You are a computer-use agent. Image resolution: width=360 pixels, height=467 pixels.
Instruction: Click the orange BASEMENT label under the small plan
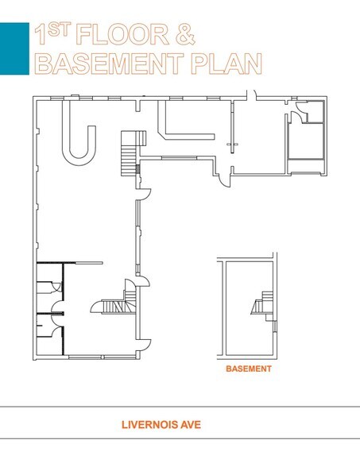[249, 369]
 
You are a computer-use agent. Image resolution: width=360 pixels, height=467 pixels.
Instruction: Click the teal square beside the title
[14, 48]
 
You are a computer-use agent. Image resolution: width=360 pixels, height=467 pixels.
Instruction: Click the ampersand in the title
[185, 35]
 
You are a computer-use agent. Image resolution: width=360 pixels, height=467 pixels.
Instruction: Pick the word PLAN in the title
[226, 64]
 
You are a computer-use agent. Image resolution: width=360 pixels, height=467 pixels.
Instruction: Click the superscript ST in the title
[59, 30]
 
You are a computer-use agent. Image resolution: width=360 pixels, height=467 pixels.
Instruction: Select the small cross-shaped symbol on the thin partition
[232, 145]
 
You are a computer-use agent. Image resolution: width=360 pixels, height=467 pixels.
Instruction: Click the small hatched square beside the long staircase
[137, 169]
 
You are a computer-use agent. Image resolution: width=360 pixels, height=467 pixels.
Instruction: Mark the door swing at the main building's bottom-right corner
[145, 345]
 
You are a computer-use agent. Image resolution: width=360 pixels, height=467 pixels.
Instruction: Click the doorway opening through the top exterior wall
[251, 95]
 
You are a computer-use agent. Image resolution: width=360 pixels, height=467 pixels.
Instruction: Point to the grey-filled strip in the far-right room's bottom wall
[304, 173]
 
